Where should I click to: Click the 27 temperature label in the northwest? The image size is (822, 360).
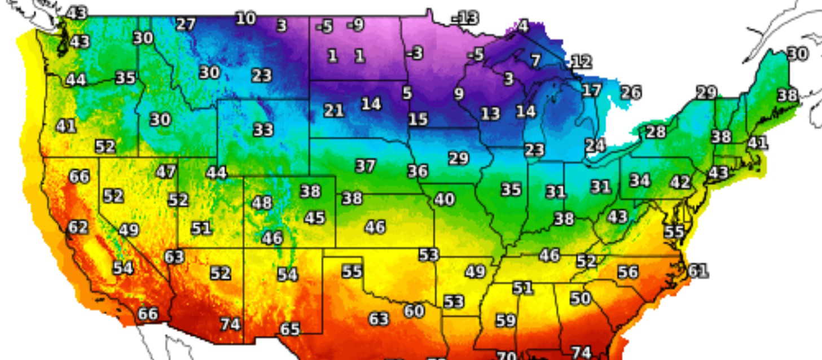pos(186,24)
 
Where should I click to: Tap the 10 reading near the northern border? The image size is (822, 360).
pos(245,19)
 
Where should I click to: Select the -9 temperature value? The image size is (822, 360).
pos(356,25)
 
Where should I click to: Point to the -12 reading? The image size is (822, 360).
pos(581,62)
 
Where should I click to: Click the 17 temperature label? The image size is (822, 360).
pos(591,90)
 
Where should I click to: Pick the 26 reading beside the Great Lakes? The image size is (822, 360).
pos(631,92)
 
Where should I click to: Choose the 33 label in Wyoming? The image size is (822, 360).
pos(263,130)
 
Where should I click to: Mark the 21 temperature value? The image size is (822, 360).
pos(333,111)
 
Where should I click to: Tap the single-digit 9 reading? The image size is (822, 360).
pos(459,94)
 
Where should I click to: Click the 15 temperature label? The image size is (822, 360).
pos(418,119)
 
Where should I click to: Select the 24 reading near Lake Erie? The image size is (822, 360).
pos(595,146)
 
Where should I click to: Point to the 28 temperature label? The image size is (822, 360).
pos(656,132)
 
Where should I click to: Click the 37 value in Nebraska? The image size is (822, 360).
pos(365,166)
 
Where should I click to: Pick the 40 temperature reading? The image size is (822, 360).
pos(445,199)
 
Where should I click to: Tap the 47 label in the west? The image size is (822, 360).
pos(166,172)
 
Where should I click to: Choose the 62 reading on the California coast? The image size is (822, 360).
pos(78,227)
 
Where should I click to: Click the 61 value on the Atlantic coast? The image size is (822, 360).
pos(697,271)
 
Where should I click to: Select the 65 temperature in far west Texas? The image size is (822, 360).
pos(290,328)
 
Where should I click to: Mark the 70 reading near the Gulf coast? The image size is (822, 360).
pos(506,355)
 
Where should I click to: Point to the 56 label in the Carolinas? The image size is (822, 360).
pos(627,272)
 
